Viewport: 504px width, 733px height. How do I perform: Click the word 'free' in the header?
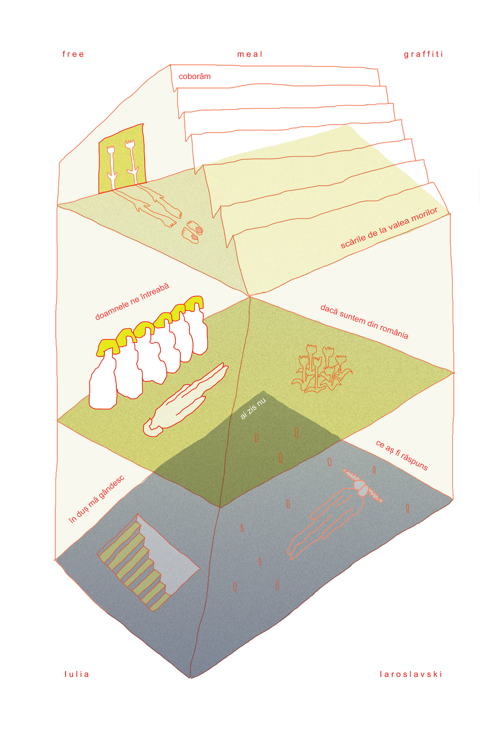click(x=73, y=54)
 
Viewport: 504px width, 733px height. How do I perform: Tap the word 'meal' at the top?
click(x=249, y=54)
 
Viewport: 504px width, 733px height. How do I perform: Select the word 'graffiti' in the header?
click(x=423, y=54)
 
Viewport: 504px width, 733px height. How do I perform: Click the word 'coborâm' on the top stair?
click(x=194, y=76)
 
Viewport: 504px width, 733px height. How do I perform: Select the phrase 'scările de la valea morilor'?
click(x=389, y=228)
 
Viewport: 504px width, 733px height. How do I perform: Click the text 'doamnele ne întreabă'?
click(x=132, y=302)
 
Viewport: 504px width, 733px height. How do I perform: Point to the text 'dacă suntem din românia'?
click(x=364, y=322)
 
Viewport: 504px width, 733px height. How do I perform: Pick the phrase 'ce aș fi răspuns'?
click(x=402, y=455)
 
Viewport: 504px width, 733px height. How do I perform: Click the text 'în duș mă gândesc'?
click(x=97, y=499)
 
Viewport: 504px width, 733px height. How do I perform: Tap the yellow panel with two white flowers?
click(x=122, y=159)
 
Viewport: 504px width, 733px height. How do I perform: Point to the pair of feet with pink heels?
click(x=192, y=232)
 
